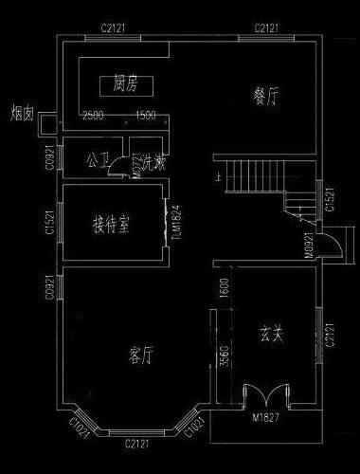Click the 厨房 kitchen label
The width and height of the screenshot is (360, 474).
(126, 84)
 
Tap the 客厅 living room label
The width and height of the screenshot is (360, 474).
(140, 355)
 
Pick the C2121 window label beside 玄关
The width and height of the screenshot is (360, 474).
(330, 337)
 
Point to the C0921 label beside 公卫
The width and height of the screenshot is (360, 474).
(47, 157)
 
